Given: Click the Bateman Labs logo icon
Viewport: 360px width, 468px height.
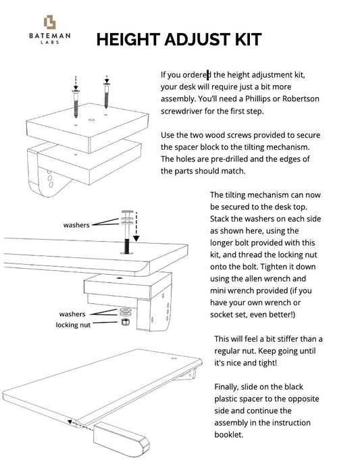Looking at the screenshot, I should tap(49, 22).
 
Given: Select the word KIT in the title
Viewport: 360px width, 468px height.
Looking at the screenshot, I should tap(245, 38).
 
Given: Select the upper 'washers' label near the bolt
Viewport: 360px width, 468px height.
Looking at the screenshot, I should tap(76, 225).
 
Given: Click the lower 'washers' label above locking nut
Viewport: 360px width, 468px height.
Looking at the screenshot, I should tap(72, 314).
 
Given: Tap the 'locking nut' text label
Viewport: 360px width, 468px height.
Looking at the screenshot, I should tap(72, 325).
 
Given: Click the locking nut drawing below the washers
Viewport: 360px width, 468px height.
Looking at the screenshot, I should tap(124, 323).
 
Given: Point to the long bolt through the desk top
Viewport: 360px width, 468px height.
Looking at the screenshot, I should tap(126, 233).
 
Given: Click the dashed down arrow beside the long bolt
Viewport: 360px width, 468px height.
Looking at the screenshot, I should tap(138, 226).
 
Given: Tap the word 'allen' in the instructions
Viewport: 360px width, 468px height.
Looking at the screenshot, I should tap(260, 279).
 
